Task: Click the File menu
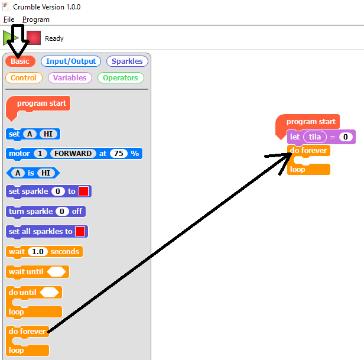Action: click(8, 20)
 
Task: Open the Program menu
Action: click(36, 20)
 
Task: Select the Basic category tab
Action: click(20, 61)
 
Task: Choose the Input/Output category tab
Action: click(71, 61)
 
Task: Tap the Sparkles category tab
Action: click(127, 61)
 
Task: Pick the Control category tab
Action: click(24, 77)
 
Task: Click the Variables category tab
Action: click(70, 77)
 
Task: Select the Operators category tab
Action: click(121, 77)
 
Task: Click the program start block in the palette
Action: click(41, 103)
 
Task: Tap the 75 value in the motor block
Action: click(119, 154)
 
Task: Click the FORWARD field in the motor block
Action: click(73, 154)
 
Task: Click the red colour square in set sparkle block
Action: click(84, 192)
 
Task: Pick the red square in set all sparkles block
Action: click(80, 231)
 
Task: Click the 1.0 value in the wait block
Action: click(38, 252)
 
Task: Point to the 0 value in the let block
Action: click(346, 137)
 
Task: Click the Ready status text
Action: click(54, 38)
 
